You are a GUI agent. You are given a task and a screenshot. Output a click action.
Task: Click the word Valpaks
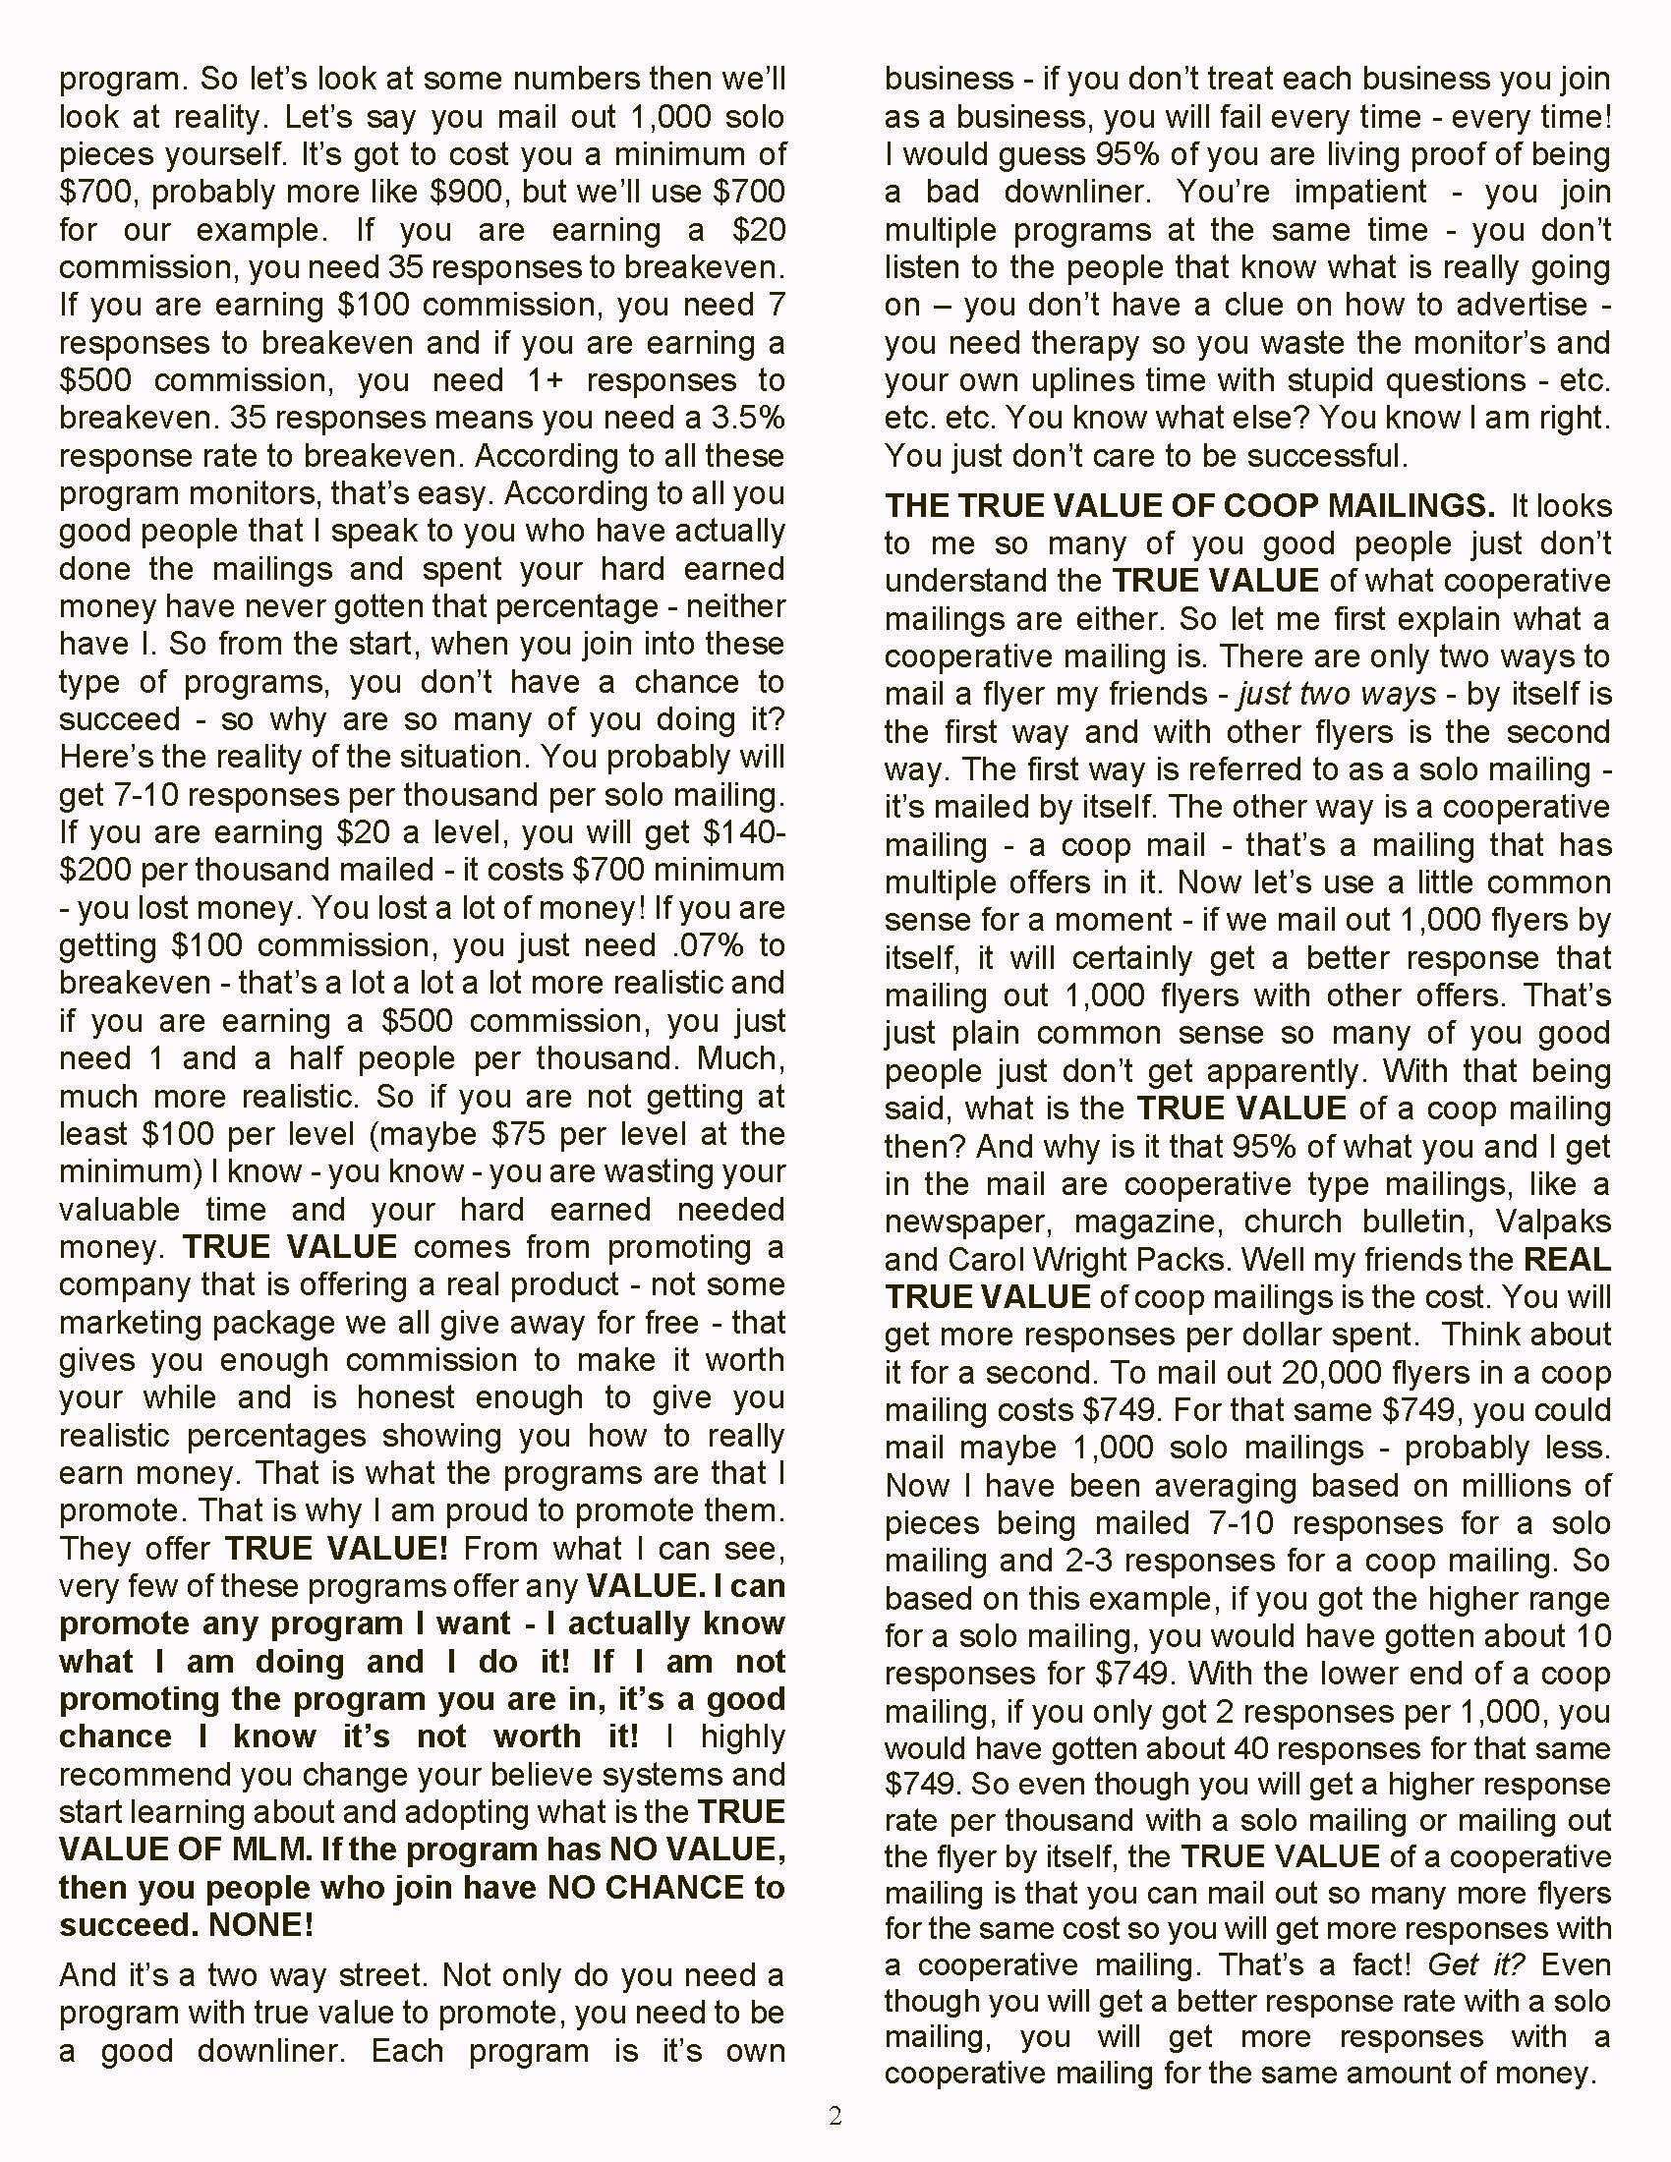(x=1553, y=1222)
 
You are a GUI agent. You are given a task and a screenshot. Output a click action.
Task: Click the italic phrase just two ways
(x=1336, y=694)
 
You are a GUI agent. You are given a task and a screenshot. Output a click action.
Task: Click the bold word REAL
(x=1567, y=1259)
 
